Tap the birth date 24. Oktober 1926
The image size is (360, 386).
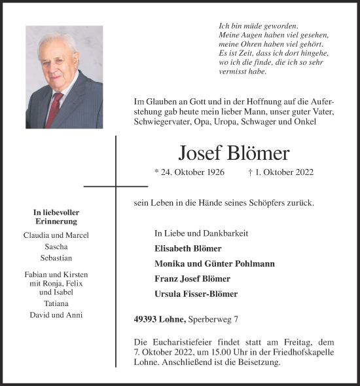point(189,172)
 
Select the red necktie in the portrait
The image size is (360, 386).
point(55,108)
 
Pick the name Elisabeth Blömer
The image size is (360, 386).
point(188,249)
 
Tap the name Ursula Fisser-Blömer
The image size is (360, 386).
point(197,294)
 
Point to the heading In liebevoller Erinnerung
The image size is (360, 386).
point(56,216)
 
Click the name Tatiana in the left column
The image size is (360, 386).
point(56,304)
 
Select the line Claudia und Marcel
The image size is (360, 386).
point(56,235)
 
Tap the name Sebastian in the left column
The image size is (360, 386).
point(56,258)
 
